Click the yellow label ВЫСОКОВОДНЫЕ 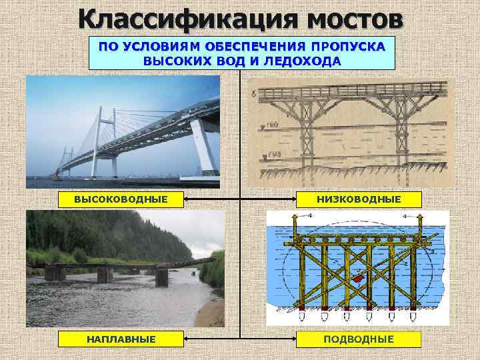point(120,199)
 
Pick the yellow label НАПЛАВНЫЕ point(120,339)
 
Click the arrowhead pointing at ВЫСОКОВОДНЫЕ point(186,199)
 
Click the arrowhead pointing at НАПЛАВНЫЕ point(186,340)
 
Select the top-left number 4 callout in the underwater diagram point(291,217)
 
